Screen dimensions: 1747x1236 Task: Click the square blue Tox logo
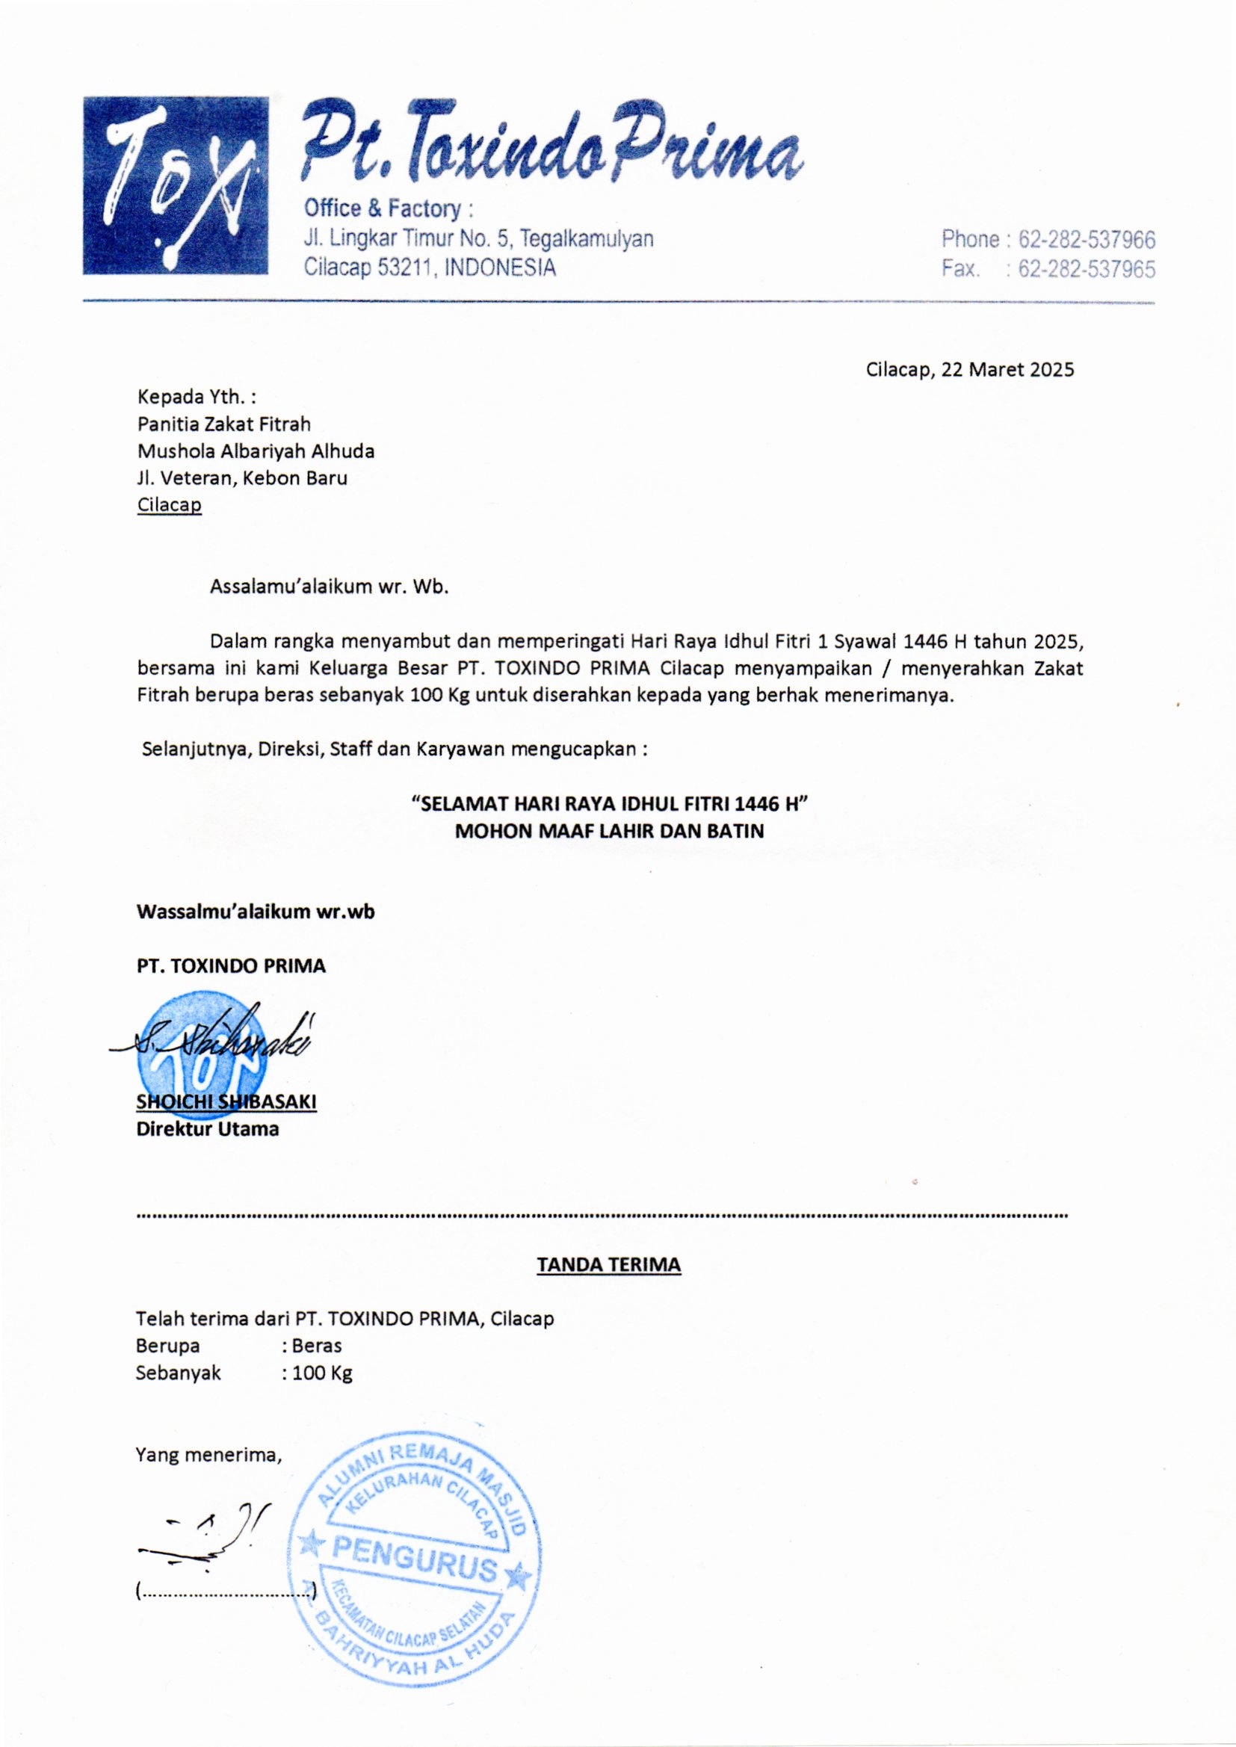point(176,185)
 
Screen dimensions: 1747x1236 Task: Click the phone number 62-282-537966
point(1086,240)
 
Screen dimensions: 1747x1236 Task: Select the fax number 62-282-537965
point(1086,269)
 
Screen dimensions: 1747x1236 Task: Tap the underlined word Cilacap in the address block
point(169,505)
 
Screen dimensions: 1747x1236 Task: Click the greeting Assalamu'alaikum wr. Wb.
point(329,587)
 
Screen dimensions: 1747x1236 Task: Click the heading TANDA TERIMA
point(609,1264)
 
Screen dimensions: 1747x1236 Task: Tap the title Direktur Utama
point(207,1129)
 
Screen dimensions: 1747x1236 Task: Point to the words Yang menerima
point(208,1455)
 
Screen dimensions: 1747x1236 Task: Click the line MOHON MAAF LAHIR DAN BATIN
point(609,831)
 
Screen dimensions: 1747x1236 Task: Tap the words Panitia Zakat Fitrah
point(223,424)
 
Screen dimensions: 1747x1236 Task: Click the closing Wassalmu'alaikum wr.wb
point(255,912)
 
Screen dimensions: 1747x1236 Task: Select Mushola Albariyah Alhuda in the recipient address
point(256,451)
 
